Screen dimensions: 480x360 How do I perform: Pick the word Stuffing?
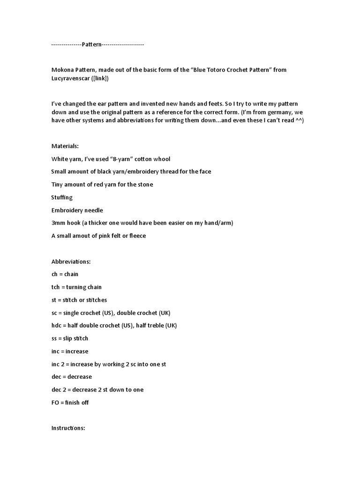(x=62, y=197)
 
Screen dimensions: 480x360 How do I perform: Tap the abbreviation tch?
(x=56, y=287)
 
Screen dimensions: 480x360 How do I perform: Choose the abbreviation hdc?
(x=57, y=326)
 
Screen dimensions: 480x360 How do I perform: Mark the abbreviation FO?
(x=56, y=403)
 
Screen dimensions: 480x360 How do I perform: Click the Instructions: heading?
(x=68, y=428)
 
